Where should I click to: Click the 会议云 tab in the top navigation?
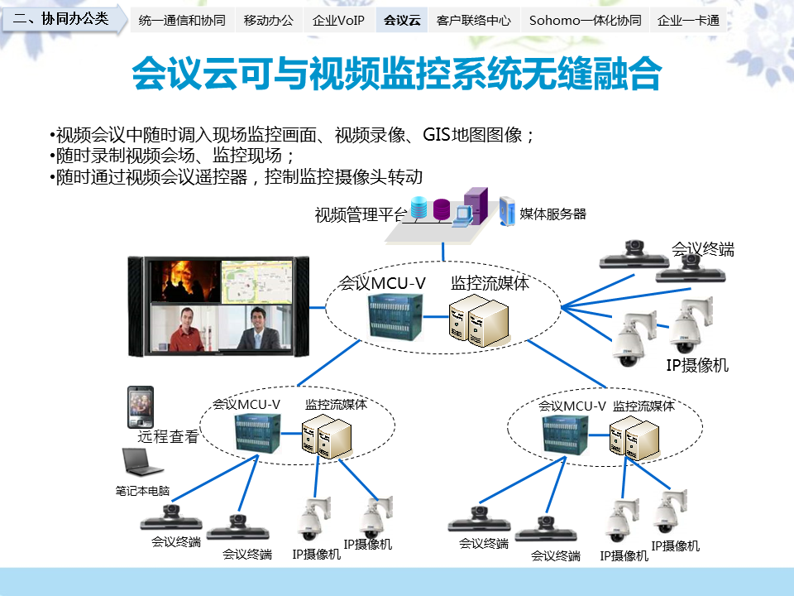(403, 21)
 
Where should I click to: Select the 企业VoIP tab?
(339, 21)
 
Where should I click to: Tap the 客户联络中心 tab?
(473, 21)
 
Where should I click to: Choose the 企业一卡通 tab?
(688, 21)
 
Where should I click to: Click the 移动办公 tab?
(269, 21)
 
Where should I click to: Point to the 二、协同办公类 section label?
(62, 18)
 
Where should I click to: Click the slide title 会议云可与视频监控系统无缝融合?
(397, 74)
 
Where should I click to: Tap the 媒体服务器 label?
(552, 214)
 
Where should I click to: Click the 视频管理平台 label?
(361, 215)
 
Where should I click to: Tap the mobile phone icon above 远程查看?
(140, 406)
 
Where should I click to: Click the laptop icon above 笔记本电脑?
(140, 463)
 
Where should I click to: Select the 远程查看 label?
(168, 437)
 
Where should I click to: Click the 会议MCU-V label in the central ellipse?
(382, 284)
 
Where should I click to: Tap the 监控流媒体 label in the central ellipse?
(490, 282)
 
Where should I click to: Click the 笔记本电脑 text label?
(142, 491)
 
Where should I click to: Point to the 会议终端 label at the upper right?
(702, 249)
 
